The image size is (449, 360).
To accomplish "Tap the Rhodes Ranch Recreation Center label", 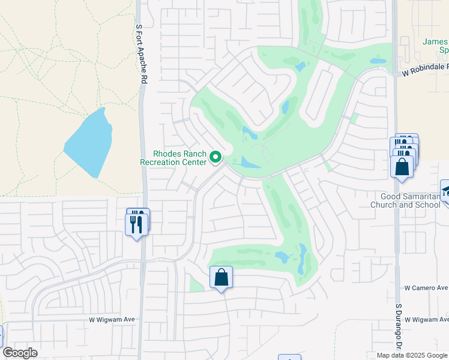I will coord(173,158).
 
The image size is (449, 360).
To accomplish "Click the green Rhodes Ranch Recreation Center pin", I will coord(217,158).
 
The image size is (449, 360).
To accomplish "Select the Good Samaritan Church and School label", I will coord(411,200).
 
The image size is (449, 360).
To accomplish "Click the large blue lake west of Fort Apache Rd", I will coord(88,143).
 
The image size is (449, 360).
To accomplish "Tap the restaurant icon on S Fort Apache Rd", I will coord(137,224).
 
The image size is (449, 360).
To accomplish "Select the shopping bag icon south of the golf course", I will coord(221,278).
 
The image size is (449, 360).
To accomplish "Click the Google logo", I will coord(20,353).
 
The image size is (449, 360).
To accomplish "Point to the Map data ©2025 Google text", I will coord(412,355).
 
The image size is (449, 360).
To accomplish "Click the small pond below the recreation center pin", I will coord(249,162).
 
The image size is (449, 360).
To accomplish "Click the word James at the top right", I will coord(435,42).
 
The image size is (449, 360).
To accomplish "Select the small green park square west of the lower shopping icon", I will coord(196,284).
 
